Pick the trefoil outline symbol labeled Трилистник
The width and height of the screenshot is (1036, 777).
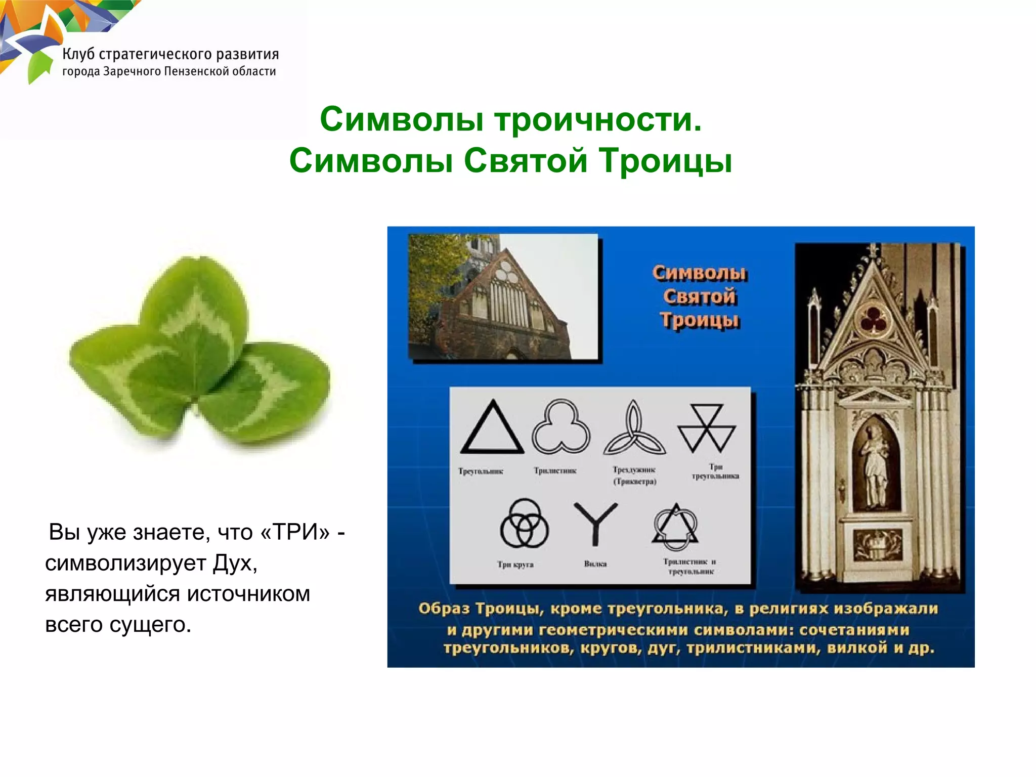click(561, 427)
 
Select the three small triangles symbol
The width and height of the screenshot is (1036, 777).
click(706, 428)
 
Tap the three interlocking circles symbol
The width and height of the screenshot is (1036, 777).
click(524, 524)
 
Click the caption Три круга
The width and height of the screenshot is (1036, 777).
click(515, 565)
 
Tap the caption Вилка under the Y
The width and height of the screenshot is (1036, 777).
click(595, 564)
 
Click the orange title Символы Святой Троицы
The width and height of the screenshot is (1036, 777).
click(699, 296)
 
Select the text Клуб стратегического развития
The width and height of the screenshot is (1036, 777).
click(170, 54)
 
